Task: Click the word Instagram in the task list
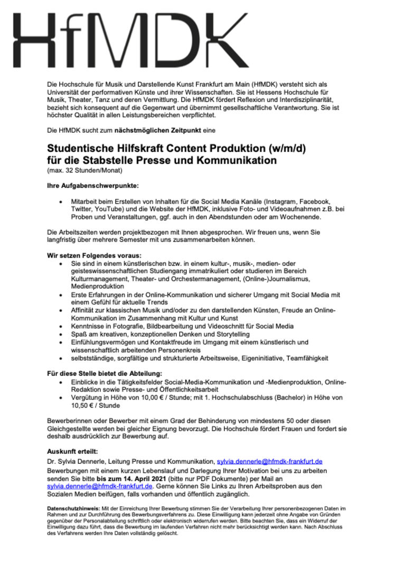(284, 202)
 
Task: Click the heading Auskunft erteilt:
(72, 452)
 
